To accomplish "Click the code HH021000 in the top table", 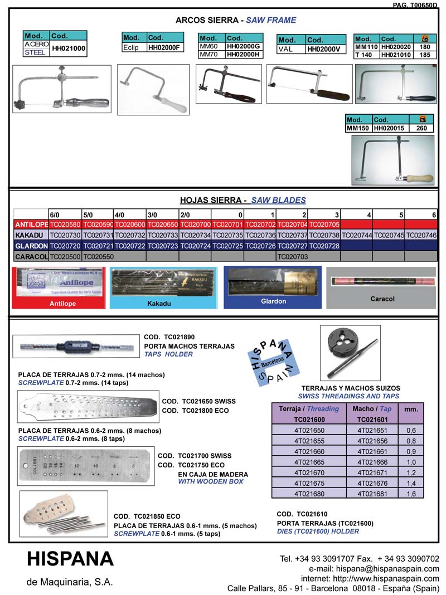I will (69, 48).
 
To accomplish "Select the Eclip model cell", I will (134, 47).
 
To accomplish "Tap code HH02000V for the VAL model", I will (323, 49).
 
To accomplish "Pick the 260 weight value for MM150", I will (422, 128).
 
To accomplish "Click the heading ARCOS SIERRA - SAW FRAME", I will (236, 20).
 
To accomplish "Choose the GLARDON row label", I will (31, 246).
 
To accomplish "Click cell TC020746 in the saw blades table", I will (421, 235).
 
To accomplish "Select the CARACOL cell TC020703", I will (293, 256).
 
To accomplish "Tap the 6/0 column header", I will (55, 214).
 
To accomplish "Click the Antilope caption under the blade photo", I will (59, 304).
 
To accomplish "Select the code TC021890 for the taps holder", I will (179, 337).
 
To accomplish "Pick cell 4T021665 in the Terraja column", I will (308, 461).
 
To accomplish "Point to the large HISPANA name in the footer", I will (70, 559).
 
